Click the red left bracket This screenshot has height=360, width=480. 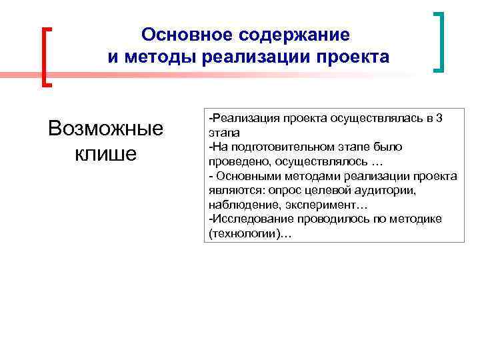pos(47,57)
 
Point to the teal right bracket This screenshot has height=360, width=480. pos(438,41)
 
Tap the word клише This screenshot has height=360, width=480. pos(105,153)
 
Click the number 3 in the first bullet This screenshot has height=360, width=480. pos(457,118)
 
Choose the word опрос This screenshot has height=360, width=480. pos(282,191)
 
